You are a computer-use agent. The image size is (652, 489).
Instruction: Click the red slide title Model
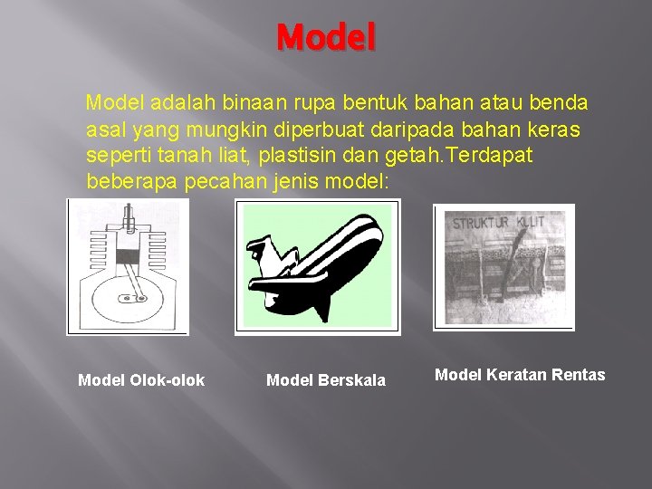click(326, 38)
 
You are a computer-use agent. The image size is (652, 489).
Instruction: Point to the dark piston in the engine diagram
click(127, 256)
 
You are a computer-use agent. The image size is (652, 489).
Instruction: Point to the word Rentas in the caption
click(580, 375)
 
